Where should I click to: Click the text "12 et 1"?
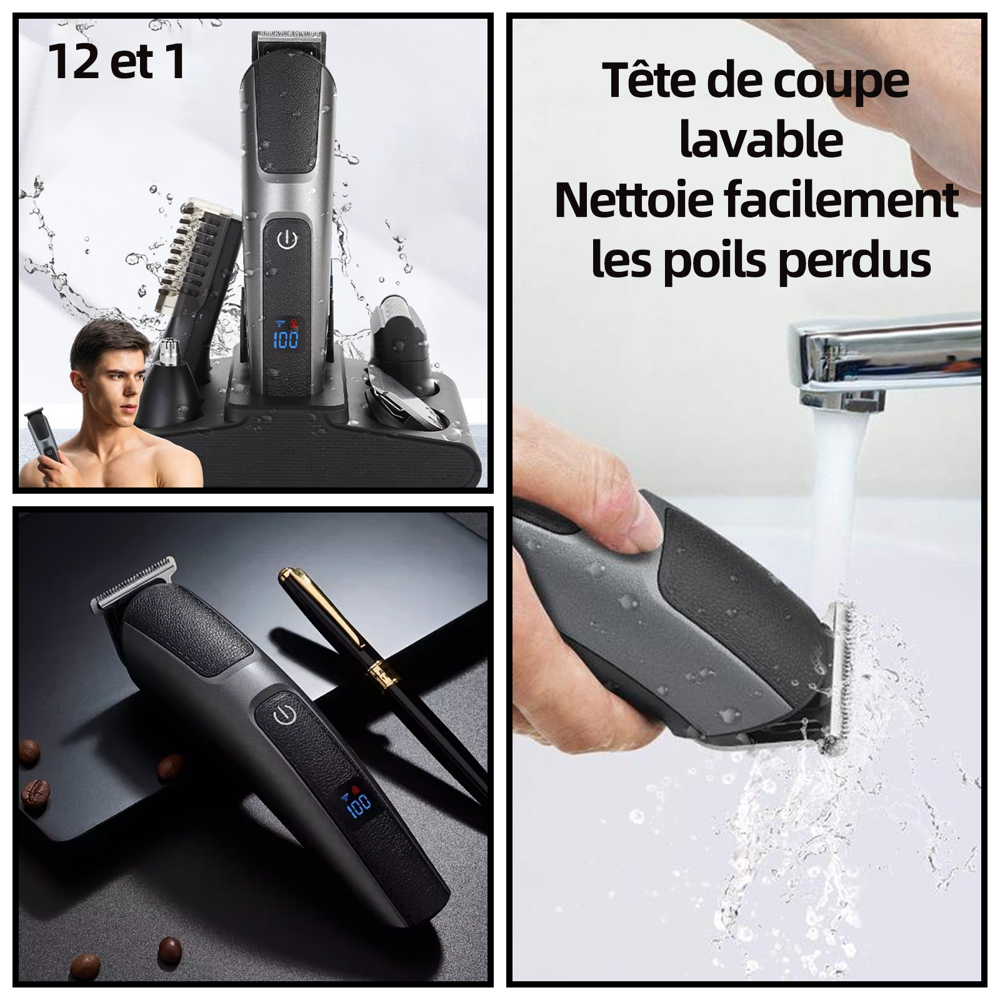point(117,62)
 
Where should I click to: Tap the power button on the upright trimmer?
point(286,239)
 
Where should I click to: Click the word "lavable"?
point(761,142)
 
